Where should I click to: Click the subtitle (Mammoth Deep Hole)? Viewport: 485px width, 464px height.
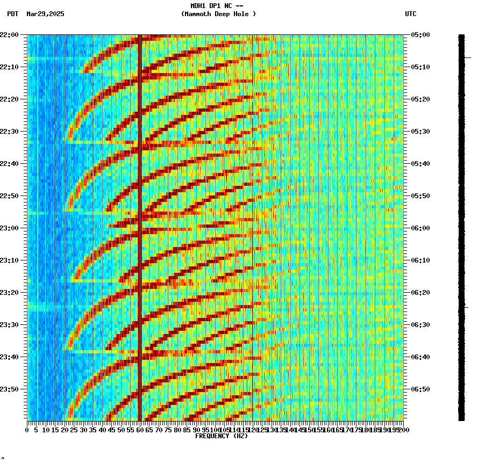pyautogui.click(x=218, y=14)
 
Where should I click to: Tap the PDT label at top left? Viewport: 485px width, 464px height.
pyautogui.click(x=12, y=14)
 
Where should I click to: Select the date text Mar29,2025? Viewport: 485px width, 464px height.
pyautogui.click(x=45, y=14)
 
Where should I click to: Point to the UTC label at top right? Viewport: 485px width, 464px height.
pyautogui.click(x=411, y=14)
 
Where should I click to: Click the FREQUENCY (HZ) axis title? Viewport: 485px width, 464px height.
pyautogui.click(x=221, y=436)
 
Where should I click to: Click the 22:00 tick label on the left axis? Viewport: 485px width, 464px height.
pyautogui.click(x=10, y=35)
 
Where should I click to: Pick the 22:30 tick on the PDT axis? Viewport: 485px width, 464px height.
pyautogui.click(x=10, y=132)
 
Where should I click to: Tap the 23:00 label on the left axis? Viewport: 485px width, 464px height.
pyautogui.click(x=10, y=228)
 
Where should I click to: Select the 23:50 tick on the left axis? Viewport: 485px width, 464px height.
pyautogui.click(x=10, y=389)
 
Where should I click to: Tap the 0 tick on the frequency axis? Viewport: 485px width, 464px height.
pyautogui.click(x=27, y=430)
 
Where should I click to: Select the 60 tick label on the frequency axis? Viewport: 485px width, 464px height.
pyautogui.click(x=140, y=430)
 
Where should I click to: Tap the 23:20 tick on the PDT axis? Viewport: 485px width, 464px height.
pyautogui.click(x=10, y=293)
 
